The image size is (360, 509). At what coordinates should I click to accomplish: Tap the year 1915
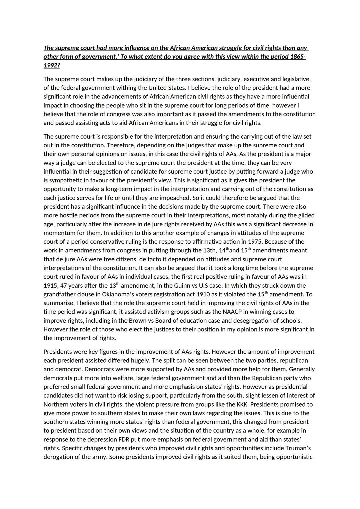51,286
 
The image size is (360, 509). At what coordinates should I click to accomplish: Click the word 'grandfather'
59,294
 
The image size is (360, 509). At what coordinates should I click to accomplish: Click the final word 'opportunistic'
294,457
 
